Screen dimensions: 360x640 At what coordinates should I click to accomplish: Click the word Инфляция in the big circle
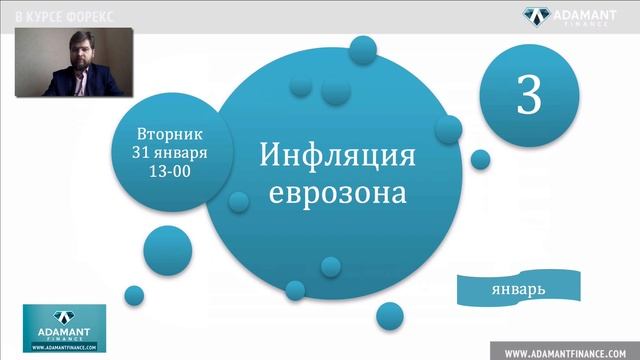[x=336, y=156]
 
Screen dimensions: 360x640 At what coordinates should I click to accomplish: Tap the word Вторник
[x=169, y=132]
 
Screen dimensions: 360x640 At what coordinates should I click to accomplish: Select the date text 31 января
[x=169, y=152]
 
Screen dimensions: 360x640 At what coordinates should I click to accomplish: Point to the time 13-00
[x=169, y=171]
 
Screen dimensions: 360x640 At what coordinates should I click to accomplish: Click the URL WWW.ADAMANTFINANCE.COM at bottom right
[x=566, y=351]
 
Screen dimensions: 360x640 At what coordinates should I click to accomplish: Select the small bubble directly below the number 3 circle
[x=481, y=158]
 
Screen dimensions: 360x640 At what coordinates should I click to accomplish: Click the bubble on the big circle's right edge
[x=447, y=129]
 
